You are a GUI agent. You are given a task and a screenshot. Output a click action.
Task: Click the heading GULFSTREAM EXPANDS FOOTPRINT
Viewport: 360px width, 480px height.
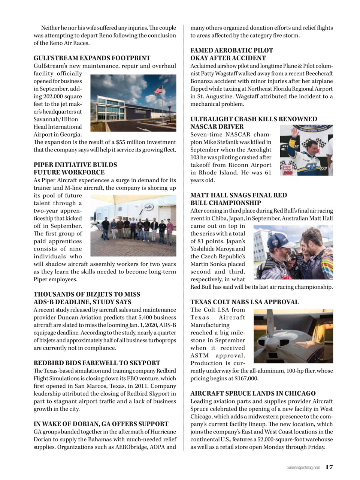pos(92,58)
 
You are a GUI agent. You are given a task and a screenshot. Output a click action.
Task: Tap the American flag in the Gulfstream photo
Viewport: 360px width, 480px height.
pos(159,90)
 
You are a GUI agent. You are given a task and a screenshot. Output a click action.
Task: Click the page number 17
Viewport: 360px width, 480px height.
pos(329,467)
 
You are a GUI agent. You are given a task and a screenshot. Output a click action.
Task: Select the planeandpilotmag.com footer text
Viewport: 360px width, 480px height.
pos(303,467)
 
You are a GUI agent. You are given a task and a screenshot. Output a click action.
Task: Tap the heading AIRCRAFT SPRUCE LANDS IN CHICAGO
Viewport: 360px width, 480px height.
pos(253,393)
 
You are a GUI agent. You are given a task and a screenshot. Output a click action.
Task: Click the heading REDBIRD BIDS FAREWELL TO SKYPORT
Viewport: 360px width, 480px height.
pos(97,363)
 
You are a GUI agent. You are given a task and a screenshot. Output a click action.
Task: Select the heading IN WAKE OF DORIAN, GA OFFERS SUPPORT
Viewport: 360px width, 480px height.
pos(101,424)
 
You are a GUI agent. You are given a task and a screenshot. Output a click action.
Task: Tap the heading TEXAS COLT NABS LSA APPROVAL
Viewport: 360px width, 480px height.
pos(244,302)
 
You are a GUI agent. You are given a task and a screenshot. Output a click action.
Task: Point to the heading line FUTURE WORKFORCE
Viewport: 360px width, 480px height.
pos(69,172)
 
